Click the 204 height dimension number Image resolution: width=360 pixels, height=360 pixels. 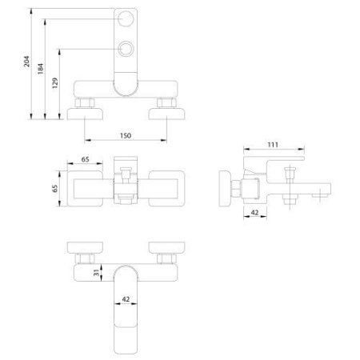click(x=27, y=62)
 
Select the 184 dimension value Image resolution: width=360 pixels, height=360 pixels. click(x=40, y=69)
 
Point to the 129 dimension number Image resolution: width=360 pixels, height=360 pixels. click(x=54, y=83)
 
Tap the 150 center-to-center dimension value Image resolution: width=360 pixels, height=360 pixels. click(x=126, y=136)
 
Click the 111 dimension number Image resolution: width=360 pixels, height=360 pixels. click(x=273, y=145)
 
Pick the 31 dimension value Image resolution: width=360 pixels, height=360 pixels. click(x=96, y=273)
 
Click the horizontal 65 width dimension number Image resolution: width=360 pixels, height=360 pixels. click(x=85, y=159)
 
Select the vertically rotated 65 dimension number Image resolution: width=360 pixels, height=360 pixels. click(x=54, y=188)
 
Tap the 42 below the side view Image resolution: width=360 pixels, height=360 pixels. click(x=255, y=213)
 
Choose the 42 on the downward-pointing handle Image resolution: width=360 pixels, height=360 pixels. click(x=126, y=299)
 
